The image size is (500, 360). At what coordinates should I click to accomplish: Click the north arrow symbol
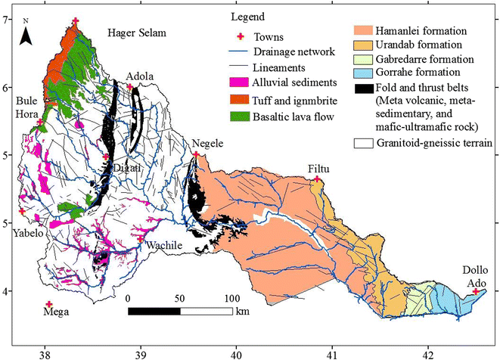coord(25,33)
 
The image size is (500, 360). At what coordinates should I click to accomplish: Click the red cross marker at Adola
coord(130,87)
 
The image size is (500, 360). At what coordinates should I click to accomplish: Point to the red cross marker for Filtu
coord(318,179)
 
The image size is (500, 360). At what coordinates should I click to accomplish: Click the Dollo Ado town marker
coord(476,291)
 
